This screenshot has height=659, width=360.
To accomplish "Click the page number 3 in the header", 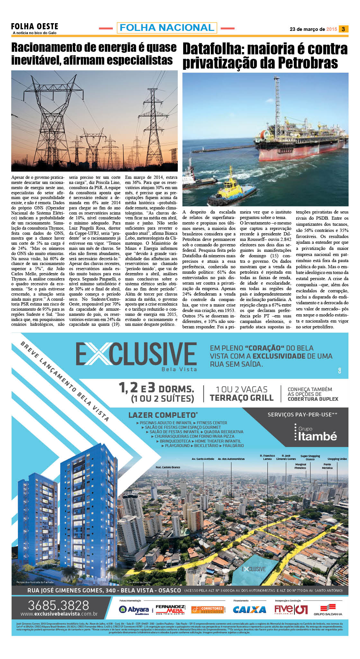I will pyautogui.click(x=343, y=29).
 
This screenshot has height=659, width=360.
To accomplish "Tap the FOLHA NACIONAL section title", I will pyautogui.click(x=167, y=28).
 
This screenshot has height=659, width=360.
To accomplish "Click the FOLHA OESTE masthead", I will pyautogui.click(x=35, y=26).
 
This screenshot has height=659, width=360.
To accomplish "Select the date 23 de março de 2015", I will pyautogui.click(x=313, y=29).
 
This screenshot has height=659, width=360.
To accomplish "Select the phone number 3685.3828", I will pyautogui.click(x=58, y=606).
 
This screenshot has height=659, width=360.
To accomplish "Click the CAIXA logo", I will pyautogui.click(x=249, y=609).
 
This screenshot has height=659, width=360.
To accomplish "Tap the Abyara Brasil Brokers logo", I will pyautogui.click(x=134, y=609).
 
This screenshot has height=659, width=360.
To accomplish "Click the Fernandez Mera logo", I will pyautogui.click(x=170, y=609).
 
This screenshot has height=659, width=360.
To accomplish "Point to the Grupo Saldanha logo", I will pyautogui.click(x=328, y=609).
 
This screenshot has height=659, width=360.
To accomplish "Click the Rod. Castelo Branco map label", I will pyautogui.click(x=168, y=467).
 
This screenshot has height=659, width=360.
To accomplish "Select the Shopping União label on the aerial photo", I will pyautogui.click(x=337, y=459).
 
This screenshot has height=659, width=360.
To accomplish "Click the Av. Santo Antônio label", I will pyautogui.click(x=203, y=459).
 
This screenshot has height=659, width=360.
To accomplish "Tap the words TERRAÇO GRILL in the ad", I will pyautogui.click(x=241, y=398).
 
